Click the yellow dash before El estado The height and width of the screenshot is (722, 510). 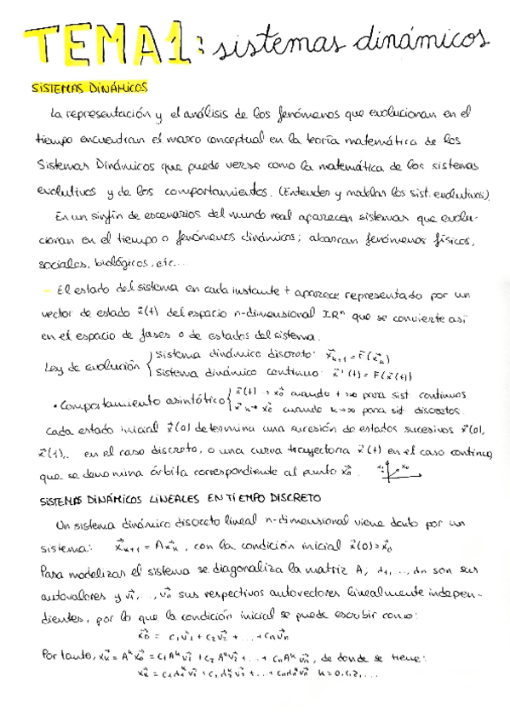coord(46,291)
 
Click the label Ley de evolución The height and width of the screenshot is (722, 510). coord(78,366)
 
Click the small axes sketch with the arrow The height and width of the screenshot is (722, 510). coord(393,469)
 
